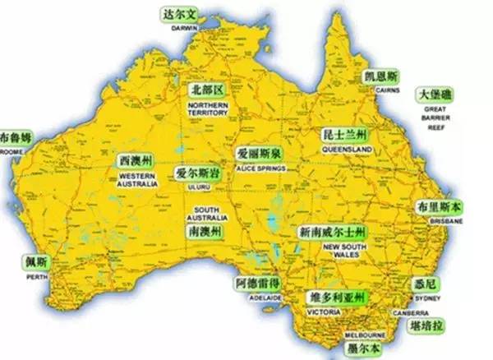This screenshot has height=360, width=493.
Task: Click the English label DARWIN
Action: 185,27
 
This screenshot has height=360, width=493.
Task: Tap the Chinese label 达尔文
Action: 181,16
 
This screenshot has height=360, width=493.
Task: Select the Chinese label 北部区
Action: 206,90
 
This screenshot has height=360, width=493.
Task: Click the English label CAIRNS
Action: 386,90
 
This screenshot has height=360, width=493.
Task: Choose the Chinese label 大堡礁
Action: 433,95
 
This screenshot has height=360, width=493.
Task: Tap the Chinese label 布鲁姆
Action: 16,136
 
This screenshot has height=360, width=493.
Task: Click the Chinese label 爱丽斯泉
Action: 260,155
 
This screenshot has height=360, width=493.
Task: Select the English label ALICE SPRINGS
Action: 260,168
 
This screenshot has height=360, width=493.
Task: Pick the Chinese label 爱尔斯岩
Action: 196,174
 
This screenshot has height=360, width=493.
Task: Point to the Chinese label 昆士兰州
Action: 346,135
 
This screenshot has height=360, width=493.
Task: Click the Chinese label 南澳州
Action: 205,233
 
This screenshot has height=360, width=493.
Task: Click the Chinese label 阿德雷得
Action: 258,284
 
